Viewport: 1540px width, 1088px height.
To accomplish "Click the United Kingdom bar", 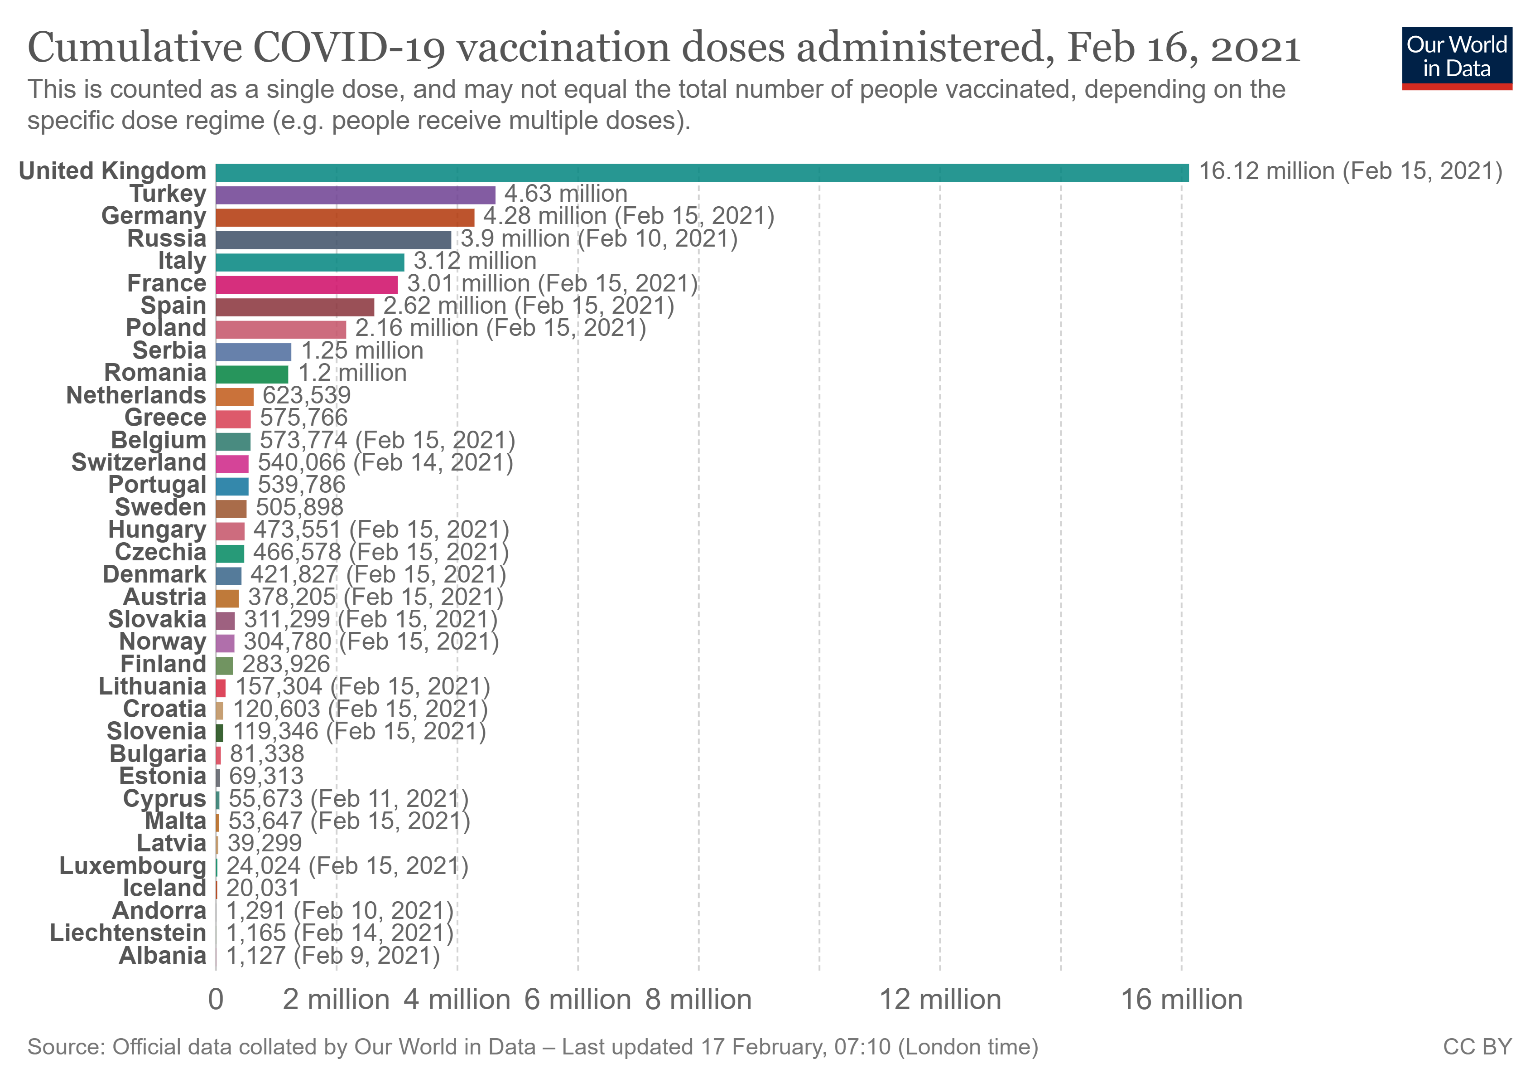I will click(702, 173).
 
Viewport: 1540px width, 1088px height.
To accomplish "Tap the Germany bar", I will click(345, 218).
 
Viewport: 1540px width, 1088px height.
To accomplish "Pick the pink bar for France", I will click(307, 285).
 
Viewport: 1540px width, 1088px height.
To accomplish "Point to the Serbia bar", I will click(254, 352).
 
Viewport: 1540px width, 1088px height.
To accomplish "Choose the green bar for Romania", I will click(252, 374).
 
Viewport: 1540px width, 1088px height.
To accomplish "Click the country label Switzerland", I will click(139, 462).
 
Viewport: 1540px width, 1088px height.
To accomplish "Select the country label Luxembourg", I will click(133, 866).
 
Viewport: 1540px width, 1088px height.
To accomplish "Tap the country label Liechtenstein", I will click(128, 933).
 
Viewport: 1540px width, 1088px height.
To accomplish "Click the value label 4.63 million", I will click(565, 194).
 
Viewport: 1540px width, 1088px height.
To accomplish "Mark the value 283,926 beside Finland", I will click(286, 665).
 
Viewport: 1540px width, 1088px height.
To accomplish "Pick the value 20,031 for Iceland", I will click(263, 888).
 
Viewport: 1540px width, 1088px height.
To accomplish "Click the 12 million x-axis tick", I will click(940, 1000).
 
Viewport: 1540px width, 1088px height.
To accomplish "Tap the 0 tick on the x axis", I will click(216, 1000).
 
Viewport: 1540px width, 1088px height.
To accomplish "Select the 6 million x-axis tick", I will click(577, 1000).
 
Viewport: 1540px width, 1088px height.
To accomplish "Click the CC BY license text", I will click(1477, 1047).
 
